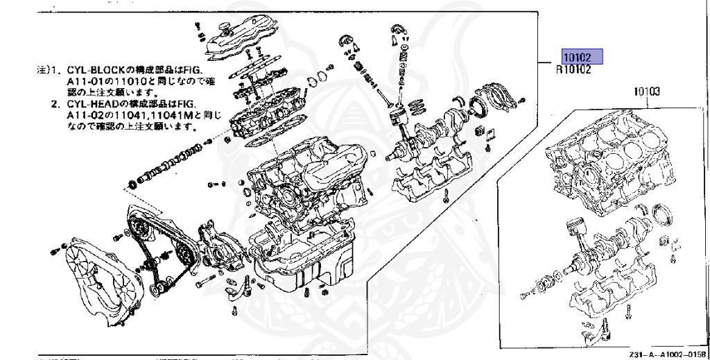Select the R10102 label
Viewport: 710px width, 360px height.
point(573,69)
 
